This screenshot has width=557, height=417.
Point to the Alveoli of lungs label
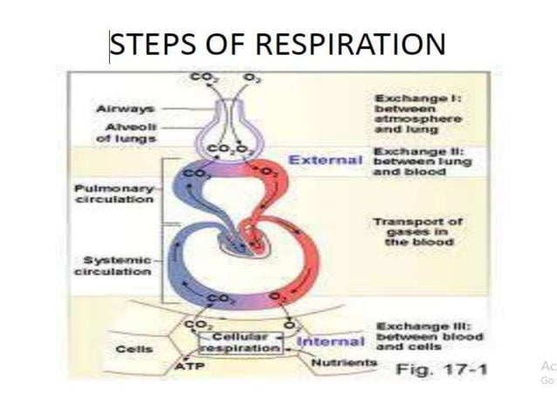pos(127,132)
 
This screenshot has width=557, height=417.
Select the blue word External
pos(325,160)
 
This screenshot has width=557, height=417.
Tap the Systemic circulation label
pos(117,265)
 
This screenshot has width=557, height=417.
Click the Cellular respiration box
pos(240,341)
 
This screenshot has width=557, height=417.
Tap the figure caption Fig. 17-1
pos(442,369)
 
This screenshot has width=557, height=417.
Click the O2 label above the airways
pos(252,79)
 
